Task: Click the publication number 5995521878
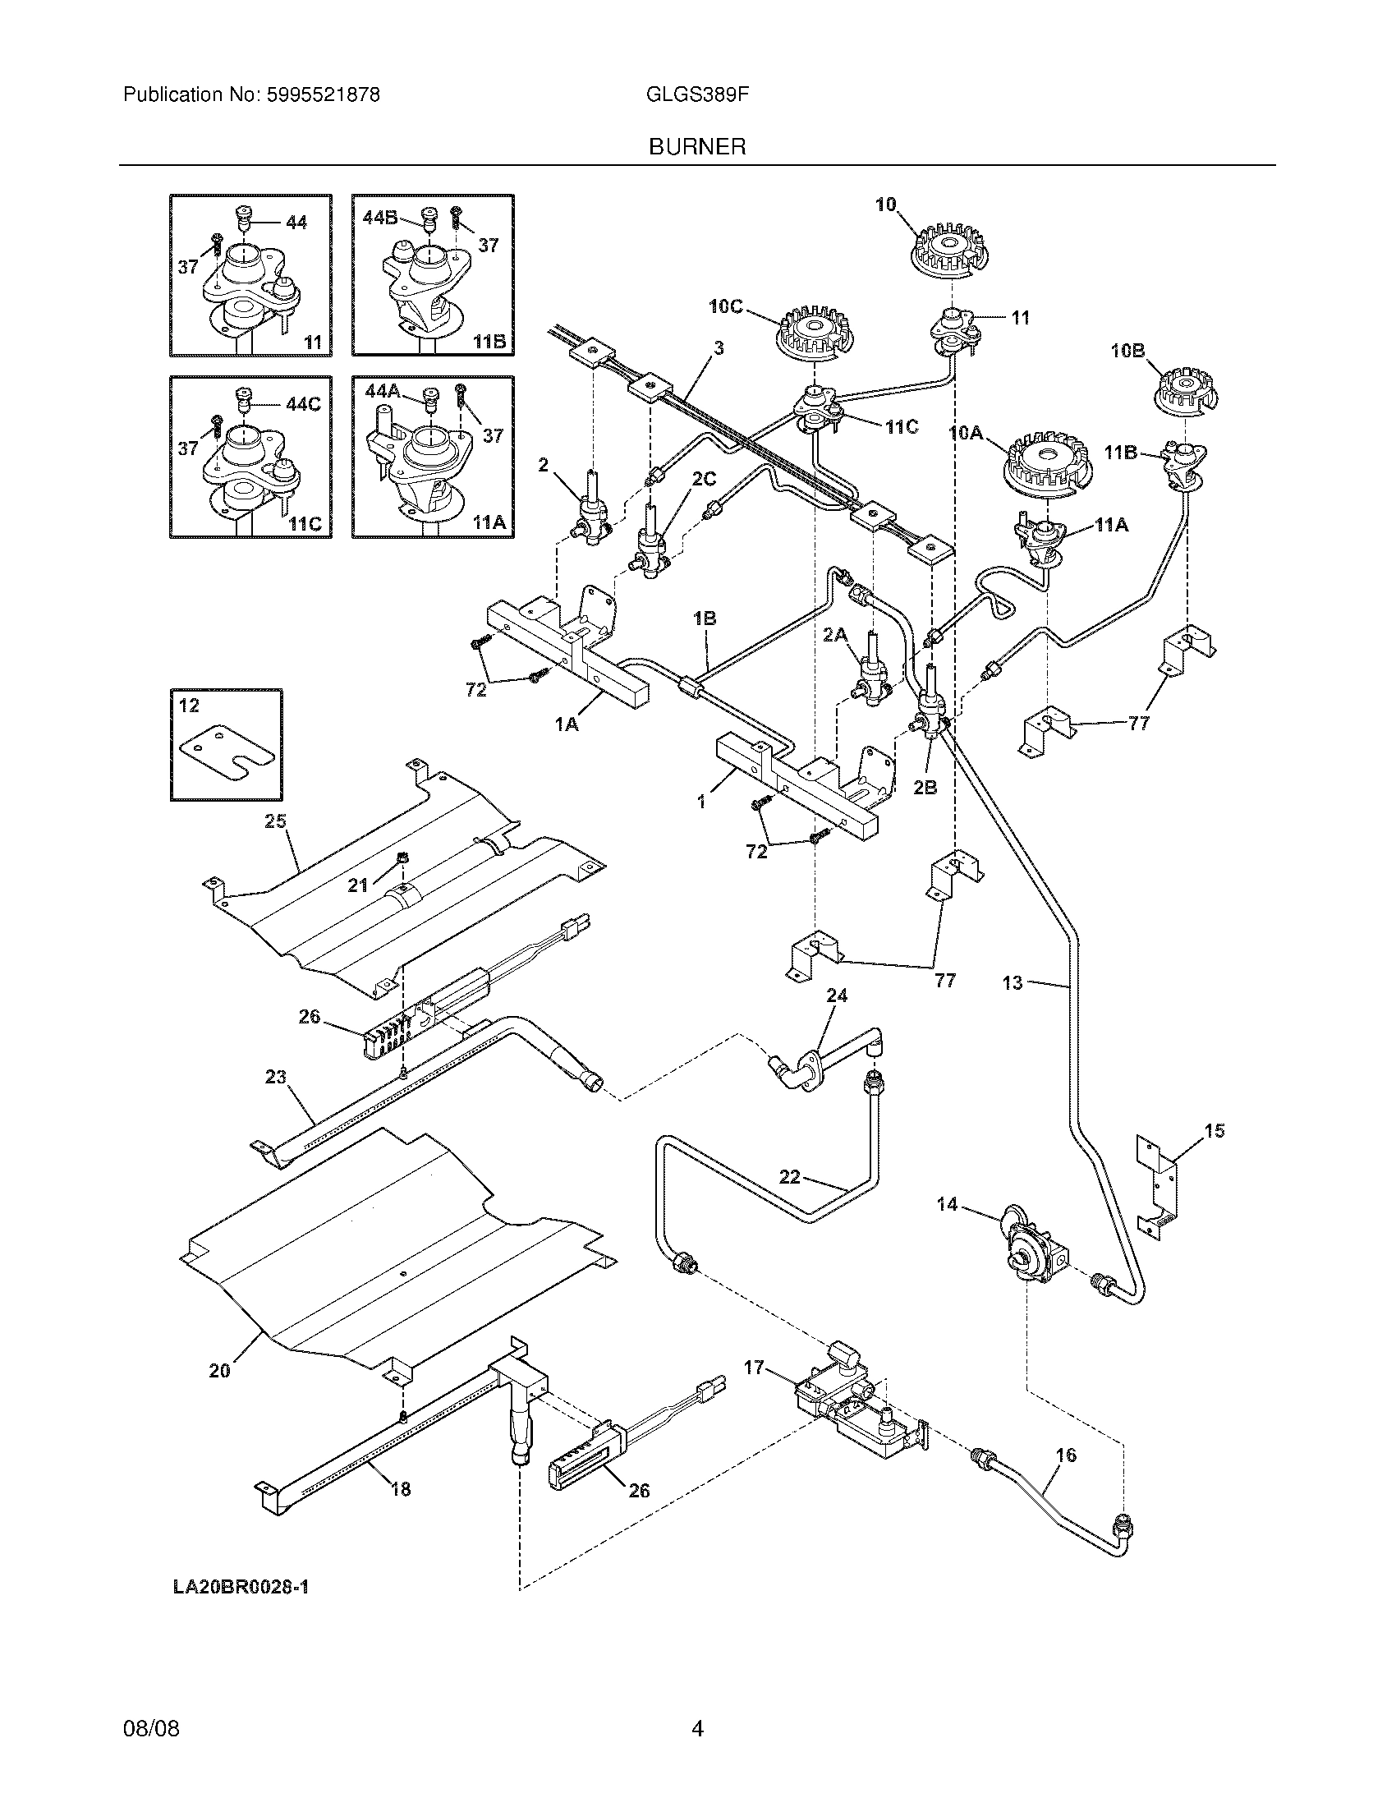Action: point(323,95)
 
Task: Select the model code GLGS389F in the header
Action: point(697,95)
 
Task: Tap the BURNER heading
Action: point(697,147)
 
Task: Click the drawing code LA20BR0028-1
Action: point(241,1586)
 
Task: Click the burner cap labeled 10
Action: point(952,246)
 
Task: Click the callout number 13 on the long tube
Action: point(1013,983)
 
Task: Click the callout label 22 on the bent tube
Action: point(790,1175)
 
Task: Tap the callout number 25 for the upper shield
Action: point(275,821)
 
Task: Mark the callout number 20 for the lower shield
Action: point(219,1371)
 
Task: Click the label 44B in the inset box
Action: point(379,218)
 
